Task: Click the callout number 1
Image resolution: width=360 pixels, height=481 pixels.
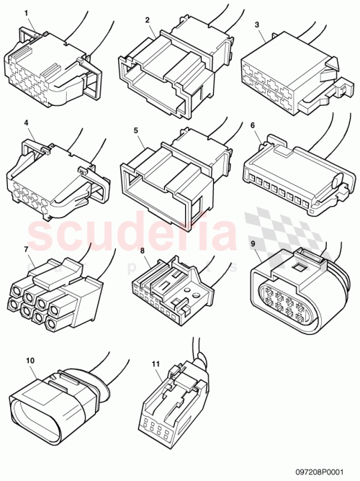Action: coord(27,14)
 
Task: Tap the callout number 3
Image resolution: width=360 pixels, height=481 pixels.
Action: coord(258,24)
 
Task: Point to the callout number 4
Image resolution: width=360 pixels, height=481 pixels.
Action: coord(27,123)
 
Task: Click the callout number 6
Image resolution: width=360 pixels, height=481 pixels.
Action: coord(252,125)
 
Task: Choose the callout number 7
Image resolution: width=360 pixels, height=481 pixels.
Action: coord(27,249)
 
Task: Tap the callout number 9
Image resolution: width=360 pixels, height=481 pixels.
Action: coord(254,243)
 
